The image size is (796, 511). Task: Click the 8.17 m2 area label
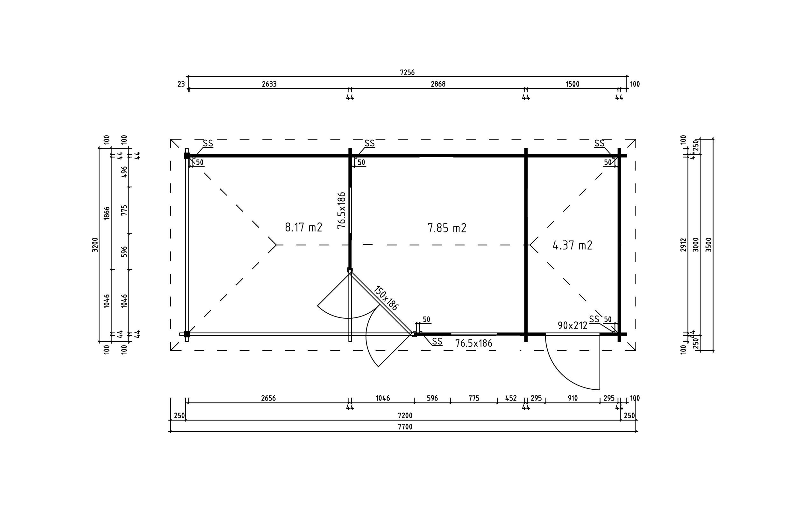[x=304, y=228]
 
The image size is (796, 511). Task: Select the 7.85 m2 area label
[x=447, y=228]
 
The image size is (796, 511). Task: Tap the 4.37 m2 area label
[x=572, y=245]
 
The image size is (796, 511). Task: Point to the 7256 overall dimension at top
[x=407, y=72]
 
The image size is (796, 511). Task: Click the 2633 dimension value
[x=269, y=84]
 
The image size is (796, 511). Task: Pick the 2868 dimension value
[x=438, y=84]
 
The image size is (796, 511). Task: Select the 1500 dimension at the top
[x=572, y=84]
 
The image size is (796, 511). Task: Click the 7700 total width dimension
[x=405, y=427]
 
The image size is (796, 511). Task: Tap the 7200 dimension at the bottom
[x=405, y=416]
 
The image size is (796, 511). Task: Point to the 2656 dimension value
[x=268, y=398]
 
